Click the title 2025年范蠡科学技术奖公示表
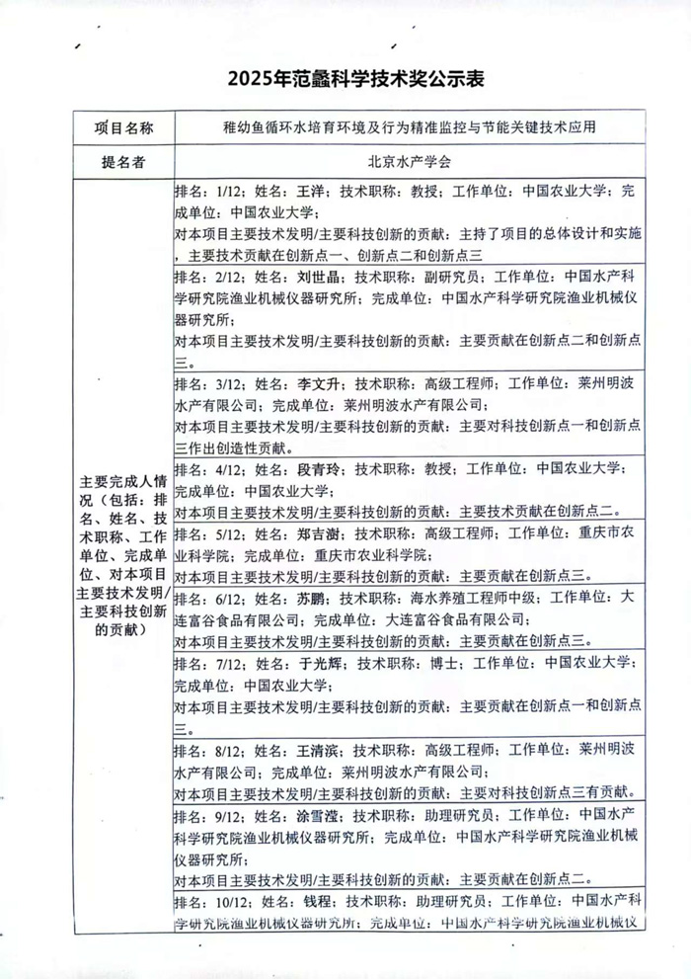tap(345, 78)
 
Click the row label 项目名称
tap(123, 128)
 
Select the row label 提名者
tap(123, 162)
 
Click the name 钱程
tap(315, 902)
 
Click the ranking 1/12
tap(229, 191)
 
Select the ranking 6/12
tap(229, 599)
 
